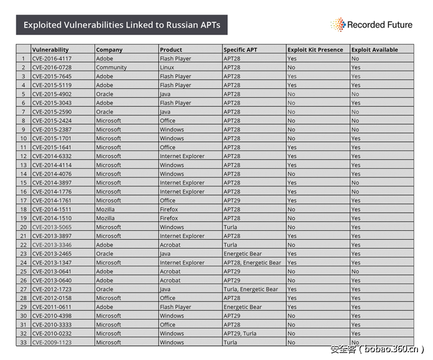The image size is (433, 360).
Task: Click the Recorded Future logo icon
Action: pyautogui.click(x=338, y=25)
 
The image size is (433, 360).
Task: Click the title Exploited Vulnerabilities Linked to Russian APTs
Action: pyautogui.click(x=121, y=25)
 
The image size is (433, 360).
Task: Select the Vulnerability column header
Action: pyautogui.click(x=51, y=50)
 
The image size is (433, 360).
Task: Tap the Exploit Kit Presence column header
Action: pyautogui.click(x=315, y=50)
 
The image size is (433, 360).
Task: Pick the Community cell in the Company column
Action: pyautogui.click(x=111, y=67)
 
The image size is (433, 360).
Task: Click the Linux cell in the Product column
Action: pyautogui.click(x=167, y=67)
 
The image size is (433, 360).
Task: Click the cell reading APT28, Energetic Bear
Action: pyautogui.click(x=252, y=263)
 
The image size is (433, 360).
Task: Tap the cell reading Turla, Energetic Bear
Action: pyautogui.click(x=251, y=289)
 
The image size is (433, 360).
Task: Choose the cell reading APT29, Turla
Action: pyautogui.click(x=240, y=334)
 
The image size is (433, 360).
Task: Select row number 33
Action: pyautogui.click(x=23, y=343)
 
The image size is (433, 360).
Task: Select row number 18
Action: pyautogui.click(x=23, y=209)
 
